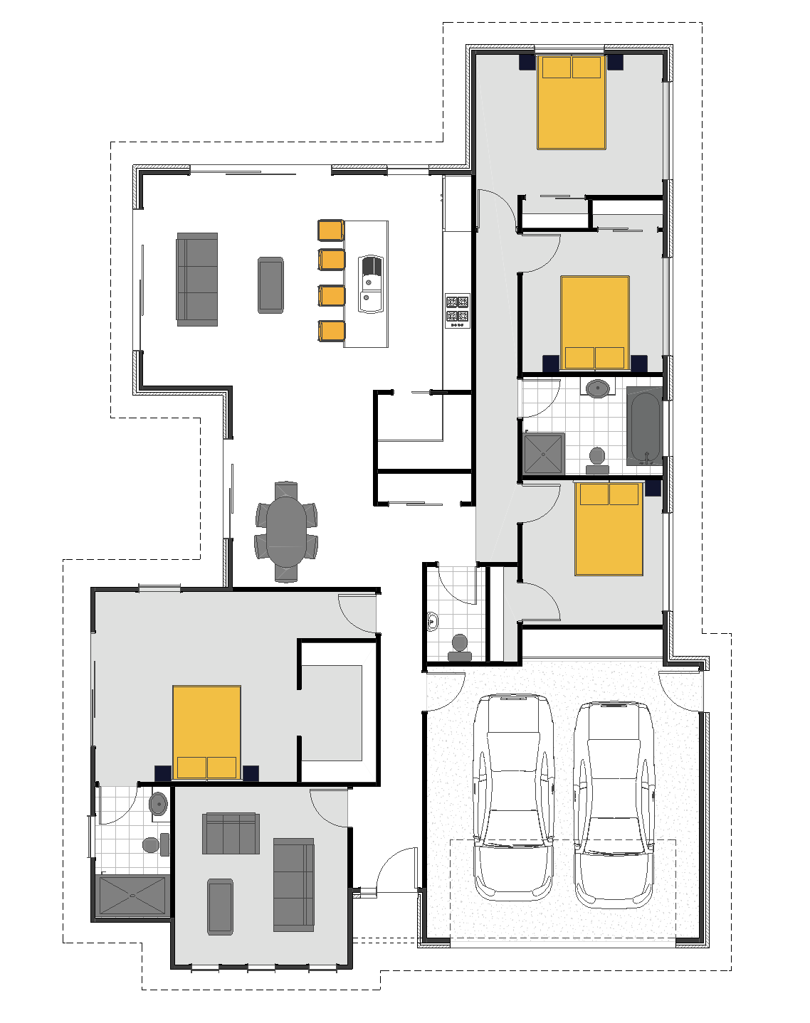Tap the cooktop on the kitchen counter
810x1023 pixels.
(457, 310)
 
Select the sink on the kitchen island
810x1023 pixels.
(370, 283)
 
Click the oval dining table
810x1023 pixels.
(285, 531)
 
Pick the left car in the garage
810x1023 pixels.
(514, 797)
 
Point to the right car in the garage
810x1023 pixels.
(614, 804)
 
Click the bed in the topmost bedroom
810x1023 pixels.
(572, 102)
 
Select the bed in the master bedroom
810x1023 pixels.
(206, 732)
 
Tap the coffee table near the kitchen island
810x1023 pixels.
(270, 285)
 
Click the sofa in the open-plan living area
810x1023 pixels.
(197, 279)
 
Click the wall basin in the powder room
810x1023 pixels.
(432, 622)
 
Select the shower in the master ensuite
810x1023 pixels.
(132, 896)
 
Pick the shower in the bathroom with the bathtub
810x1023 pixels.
(544, 454)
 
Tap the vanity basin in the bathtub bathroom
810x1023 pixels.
(597, 388)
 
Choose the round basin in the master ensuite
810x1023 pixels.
(158, 804)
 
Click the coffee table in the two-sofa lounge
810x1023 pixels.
(220, 906)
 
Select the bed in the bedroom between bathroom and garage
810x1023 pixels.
(609, 529)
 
